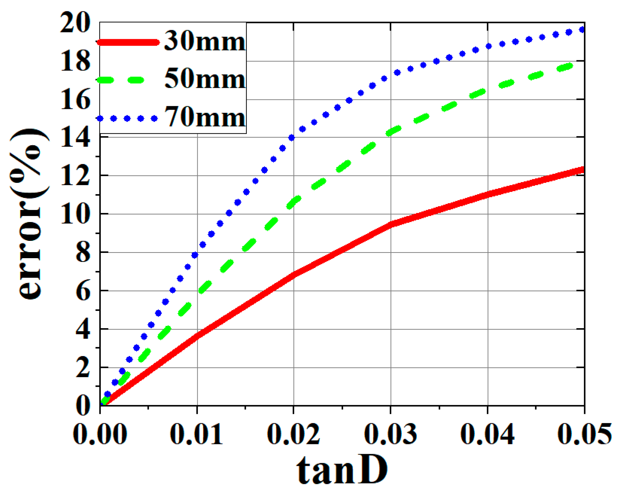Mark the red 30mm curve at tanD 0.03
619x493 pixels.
coord(391,224)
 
